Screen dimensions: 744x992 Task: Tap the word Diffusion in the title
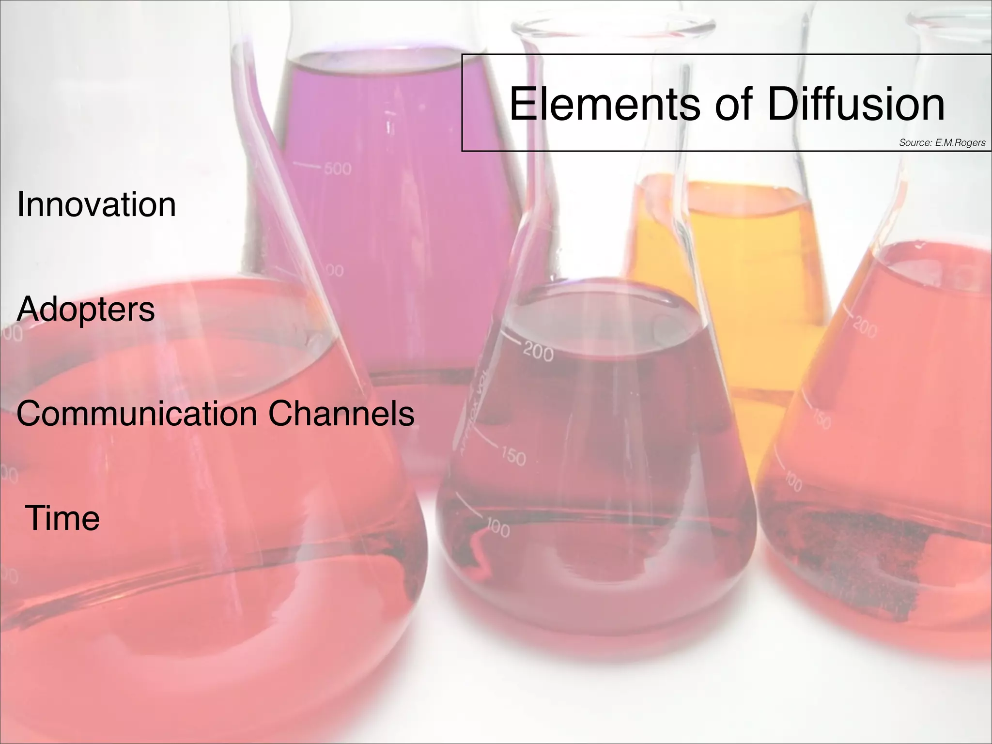pos(856,104)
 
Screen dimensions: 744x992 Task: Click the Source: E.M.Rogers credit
pos(942,143)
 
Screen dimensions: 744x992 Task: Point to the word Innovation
pos(96,204)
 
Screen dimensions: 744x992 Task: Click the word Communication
pos(137,414)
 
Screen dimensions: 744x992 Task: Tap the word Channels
pos(341,414)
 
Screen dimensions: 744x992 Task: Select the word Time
pos(62,518)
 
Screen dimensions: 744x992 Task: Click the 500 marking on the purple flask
pos(338,169)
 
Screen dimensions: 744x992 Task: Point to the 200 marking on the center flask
pos(538,353)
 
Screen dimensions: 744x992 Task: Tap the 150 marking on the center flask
pos(513,456)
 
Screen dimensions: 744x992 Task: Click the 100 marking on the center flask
pos(497,529)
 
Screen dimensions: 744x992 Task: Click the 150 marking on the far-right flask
pos(822,419)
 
